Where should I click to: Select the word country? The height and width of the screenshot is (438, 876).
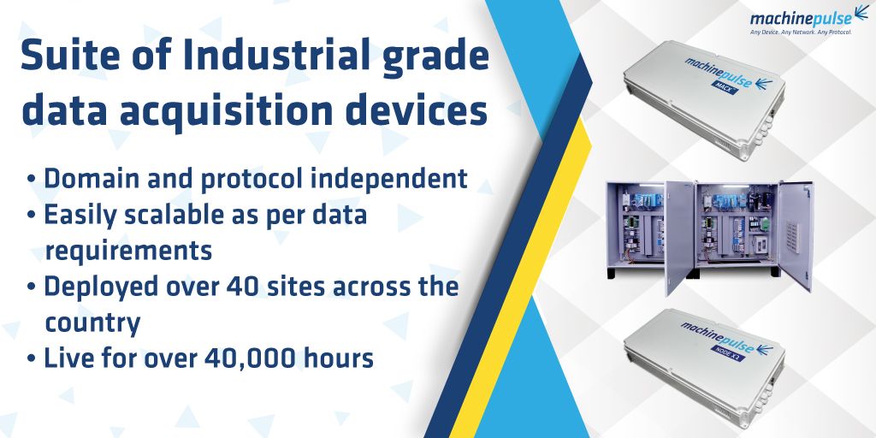(x=92, y=323)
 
